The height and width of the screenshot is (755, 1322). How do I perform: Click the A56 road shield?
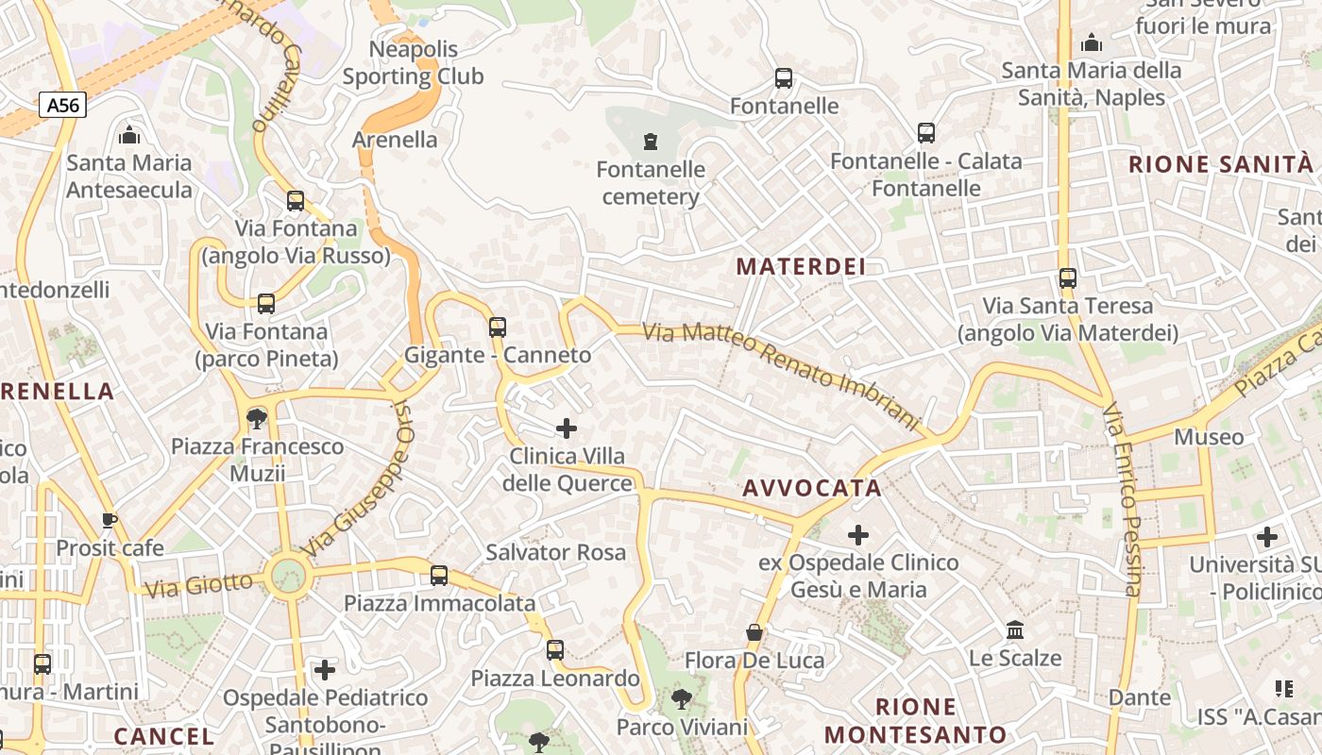coord(63,105)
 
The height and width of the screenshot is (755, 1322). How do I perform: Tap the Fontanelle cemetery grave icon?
coord(650,142)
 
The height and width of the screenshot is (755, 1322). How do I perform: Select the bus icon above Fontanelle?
coord(783,78)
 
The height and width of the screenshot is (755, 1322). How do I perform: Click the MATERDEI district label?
coord(801,267)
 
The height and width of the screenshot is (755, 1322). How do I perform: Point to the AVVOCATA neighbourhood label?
coord(812,488)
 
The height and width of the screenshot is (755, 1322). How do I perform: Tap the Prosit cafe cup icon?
coord(110,520)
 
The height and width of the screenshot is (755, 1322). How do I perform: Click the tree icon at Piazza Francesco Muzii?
coord(256,418)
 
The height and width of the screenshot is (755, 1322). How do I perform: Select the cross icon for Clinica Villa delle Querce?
coord(567,428)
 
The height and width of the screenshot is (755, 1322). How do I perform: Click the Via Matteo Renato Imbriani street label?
coord(781,377)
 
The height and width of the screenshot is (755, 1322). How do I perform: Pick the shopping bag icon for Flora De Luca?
coord(754,632)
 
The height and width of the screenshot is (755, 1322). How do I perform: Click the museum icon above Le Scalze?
coord(1015,629)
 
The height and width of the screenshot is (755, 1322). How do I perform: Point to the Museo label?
coord(1209,437)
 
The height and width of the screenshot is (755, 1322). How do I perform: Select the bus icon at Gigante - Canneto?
coord(498,327)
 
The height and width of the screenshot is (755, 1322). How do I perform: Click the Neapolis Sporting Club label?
coord(414,62)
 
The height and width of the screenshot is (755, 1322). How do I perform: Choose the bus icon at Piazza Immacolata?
coord(439,575)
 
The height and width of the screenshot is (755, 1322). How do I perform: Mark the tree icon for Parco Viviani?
coord(681,699)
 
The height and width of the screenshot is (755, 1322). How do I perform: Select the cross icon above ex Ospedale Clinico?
coord(858,535)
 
